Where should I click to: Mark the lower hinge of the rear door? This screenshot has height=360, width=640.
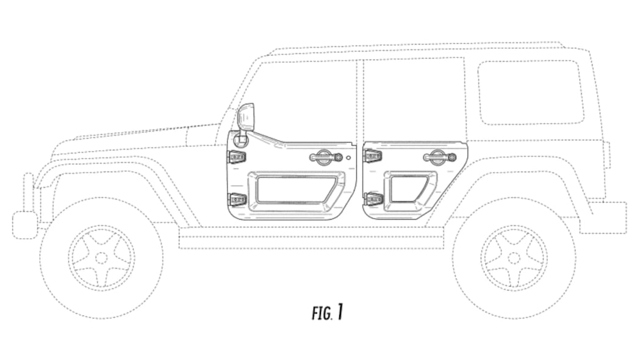373,198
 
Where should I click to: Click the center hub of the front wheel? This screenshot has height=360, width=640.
101,257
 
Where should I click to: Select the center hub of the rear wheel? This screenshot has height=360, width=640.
514,257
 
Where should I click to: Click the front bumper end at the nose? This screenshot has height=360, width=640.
24,225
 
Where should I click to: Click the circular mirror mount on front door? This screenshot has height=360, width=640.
242,139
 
